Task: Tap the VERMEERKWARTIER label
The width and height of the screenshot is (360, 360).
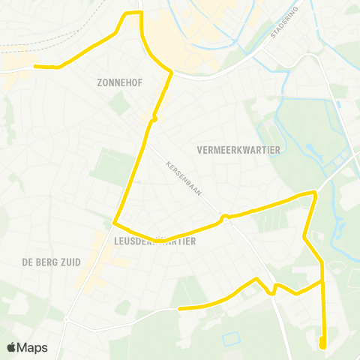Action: (238, 150)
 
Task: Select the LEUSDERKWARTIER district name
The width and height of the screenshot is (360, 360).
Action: (153, 241)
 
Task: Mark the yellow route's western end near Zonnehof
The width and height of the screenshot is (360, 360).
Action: (34, 66)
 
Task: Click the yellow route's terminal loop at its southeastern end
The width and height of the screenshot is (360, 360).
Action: (322, 343)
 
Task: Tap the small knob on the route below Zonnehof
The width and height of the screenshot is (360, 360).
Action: (154, 118)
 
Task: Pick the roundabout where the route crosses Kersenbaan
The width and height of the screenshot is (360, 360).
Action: (223, 218)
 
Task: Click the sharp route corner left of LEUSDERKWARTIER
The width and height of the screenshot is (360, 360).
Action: (115, 223)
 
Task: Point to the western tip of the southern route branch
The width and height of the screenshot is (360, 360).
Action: (179, 307)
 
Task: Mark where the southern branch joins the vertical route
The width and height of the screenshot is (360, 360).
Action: (322, 283)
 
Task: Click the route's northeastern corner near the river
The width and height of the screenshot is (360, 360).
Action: (314, 193)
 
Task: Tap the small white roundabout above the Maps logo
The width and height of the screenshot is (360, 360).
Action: (66, 320)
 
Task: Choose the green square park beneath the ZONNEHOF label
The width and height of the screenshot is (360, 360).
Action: (119, 103)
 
